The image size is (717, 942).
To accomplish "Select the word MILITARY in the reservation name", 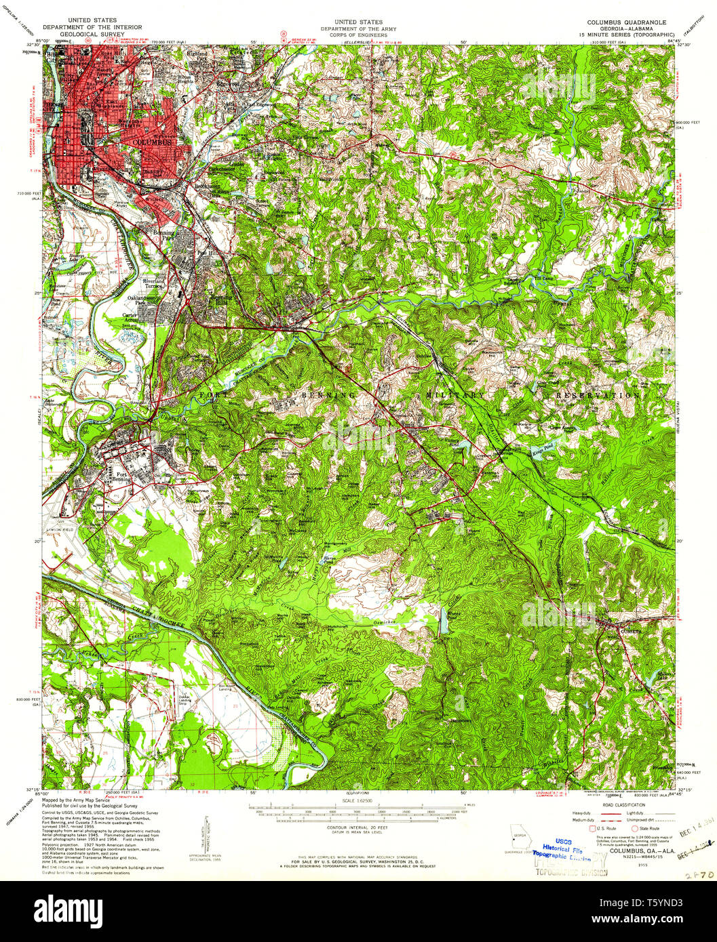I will coord(456,394).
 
